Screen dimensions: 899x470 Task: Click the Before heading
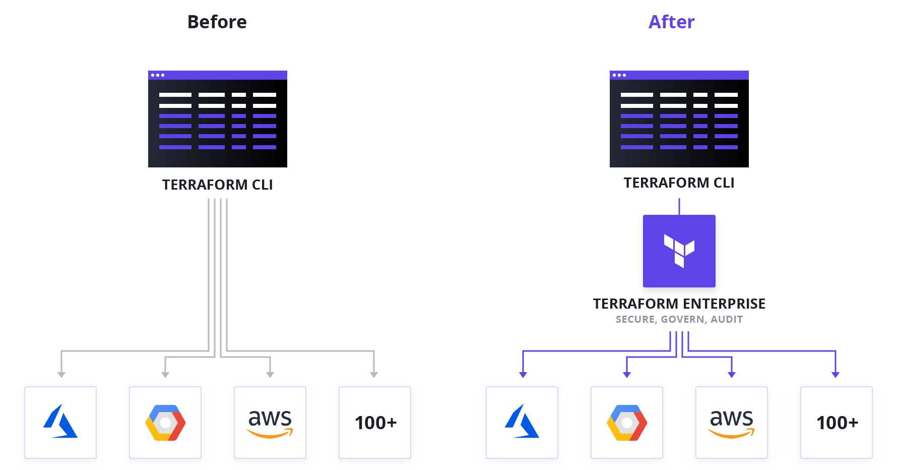(217, 22)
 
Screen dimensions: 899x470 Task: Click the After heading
(671, 22)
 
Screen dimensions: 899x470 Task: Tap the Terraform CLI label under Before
(217, 185)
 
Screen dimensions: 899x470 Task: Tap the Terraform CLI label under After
(679, 183)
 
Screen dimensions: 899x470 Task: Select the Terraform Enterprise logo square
(679, 251)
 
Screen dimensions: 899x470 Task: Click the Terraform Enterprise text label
(679, 304)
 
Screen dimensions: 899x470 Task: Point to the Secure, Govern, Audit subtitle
(679, 319)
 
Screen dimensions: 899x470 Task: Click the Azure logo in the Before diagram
(60, 422)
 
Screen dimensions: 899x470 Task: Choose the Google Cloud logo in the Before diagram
(165, 423)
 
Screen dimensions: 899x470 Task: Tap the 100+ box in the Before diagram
(375, 423)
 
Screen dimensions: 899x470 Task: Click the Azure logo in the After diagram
(522, 422)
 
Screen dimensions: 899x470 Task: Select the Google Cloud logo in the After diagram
(627, 423)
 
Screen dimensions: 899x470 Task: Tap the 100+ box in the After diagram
(837, 423)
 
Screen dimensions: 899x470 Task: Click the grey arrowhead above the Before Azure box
(61, 375)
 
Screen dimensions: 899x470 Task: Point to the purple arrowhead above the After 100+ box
(836, 375)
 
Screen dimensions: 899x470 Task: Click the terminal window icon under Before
(218, 119)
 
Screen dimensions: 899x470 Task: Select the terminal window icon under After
(679, 119)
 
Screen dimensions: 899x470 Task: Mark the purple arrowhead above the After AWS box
(732, 375)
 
